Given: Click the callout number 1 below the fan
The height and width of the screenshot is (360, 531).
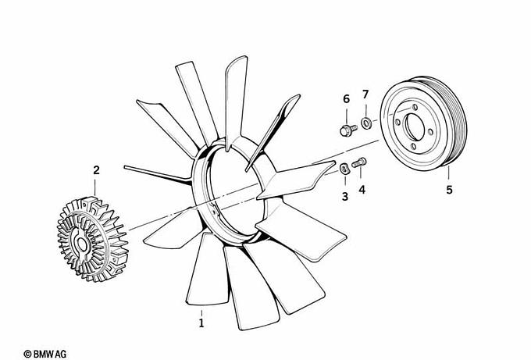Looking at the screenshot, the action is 201,323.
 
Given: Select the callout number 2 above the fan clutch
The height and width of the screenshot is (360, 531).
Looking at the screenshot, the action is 97,170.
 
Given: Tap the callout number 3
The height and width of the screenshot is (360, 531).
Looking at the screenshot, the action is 345,197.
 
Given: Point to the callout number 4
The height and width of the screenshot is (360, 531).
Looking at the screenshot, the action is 362,190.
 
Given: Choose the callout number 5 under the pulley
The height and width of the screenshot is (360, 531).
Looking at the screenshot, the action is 449,190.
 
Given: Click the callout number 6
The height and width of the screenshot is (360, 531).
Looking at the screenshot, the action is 346,99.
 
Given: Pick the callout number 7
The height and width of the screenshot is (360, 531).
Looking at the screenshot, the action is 365,94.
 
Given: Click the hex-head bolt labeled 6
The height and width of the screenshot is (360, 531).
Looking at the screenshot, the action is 348,130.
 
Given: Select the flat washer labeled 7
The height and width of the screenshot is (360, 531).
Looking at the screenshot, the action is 366,123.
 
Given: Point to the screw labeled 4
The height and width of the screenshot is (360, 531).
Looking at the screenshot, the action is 359,163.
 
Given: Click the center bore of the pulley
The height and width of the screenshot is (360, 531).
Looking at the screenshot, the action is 415,127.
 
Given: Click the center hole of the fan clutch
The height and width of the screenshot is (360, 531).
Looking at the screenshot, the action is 82,244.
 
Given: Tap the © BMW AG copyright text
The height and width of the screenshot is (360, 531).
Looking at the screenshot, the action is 45,355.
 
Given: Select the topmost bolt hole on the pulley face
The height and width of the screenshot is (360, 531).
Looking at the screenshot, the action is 415,107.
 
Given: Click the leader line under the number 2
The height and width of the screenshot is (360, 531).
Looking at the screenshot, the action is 94,187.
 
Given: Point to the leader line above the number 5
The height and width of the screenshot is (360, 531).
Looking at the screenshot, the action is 449,173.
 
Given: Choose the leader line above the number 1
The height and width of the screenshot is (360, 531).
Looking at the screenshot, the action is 201,313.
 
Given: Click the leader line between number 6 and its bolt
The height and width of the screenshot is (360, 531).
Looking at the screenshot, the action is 346,116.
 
